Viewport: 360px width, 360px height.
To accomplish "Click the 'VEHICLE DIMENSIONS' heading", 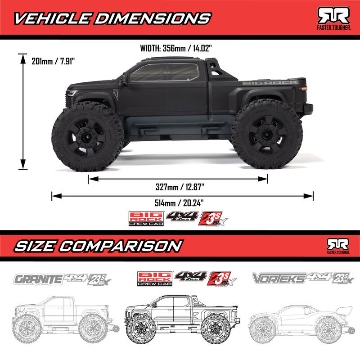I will click(112, 18).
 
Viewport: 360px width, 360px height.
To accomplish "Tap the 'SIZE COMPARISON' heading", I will click(99, 246).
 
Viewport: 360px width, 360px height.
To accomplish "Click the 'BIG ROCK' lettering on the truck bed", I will click(270, 82).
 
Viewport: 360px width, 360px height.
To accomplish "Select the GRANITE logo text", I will click(38, 279).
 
